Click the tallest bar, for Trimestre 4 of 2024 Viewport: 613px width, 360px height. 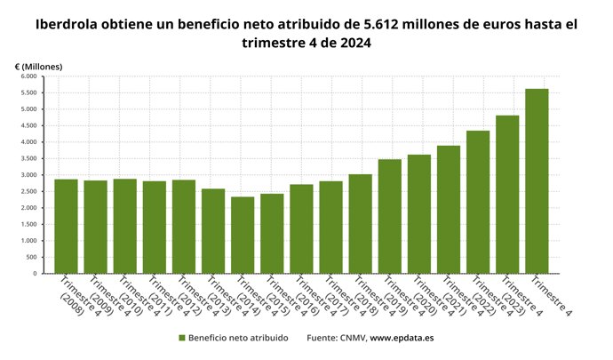pos(537,181)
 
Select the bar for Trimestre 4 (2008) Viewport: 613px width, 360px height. pos(66,227)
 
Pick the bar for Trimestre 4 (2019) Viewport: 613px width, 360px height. pos(389,217)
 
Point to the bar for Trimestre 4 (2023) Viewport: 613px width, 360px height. pos(507,195)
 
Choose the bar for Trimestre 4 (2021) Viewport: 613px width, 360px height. pos(449,210)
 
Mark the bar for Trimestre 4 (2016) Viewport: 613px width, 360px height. pos(301,229)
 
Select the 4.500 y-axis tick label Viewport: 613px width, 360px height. pos(25,125)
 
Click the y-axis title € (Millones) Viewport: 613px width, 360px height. pos(38,67)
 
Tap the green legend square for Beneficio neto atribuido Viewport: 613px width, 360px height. pos(182,338)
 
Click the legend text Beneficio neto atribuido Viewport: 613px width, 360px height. pos(238,338)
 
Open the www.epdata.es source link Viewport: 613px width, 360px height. pos(402,338)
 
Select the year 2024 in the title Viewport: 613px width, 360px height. pos(353,43)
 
